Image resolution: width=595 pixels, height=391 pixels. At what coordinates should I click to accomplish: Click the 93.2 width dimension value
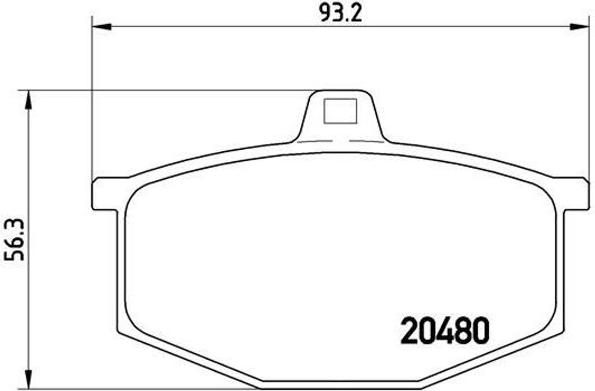pyautogui.click(x=341, y=14)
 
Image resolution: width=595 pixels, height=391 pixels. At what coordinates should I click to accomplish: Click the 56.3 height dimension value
pyautogui.click(x=14, y=240)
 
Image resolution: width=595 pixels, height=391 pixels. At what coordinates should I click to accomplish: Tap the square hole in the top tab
pyautogui.click(x=340, y=111)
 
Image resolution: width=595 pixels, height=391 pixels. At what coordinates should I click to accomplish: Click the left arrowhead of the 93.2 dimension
pyautogui.click(x=102, y=27)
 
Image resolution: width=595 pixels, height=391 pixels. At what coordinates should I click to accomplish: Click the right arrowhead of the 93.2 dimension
pyautogui.click(x=580, y=27)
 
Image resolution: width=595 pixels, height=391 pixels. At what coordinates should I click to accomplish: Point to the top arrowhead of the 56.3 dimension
pyautogui.click(x=28, y=100)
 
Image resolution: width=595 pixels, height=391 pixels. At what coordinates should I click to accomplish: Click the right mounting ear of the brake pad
pyautogui.click(x=574, y=193)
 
